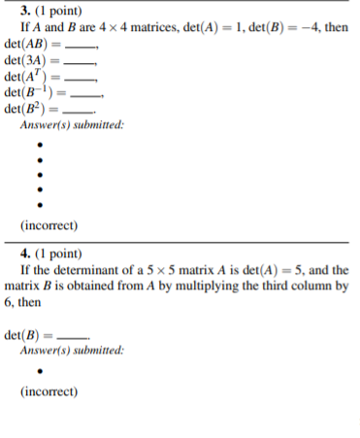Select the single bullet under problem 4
pyautogui.click(x=40, y=370)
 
